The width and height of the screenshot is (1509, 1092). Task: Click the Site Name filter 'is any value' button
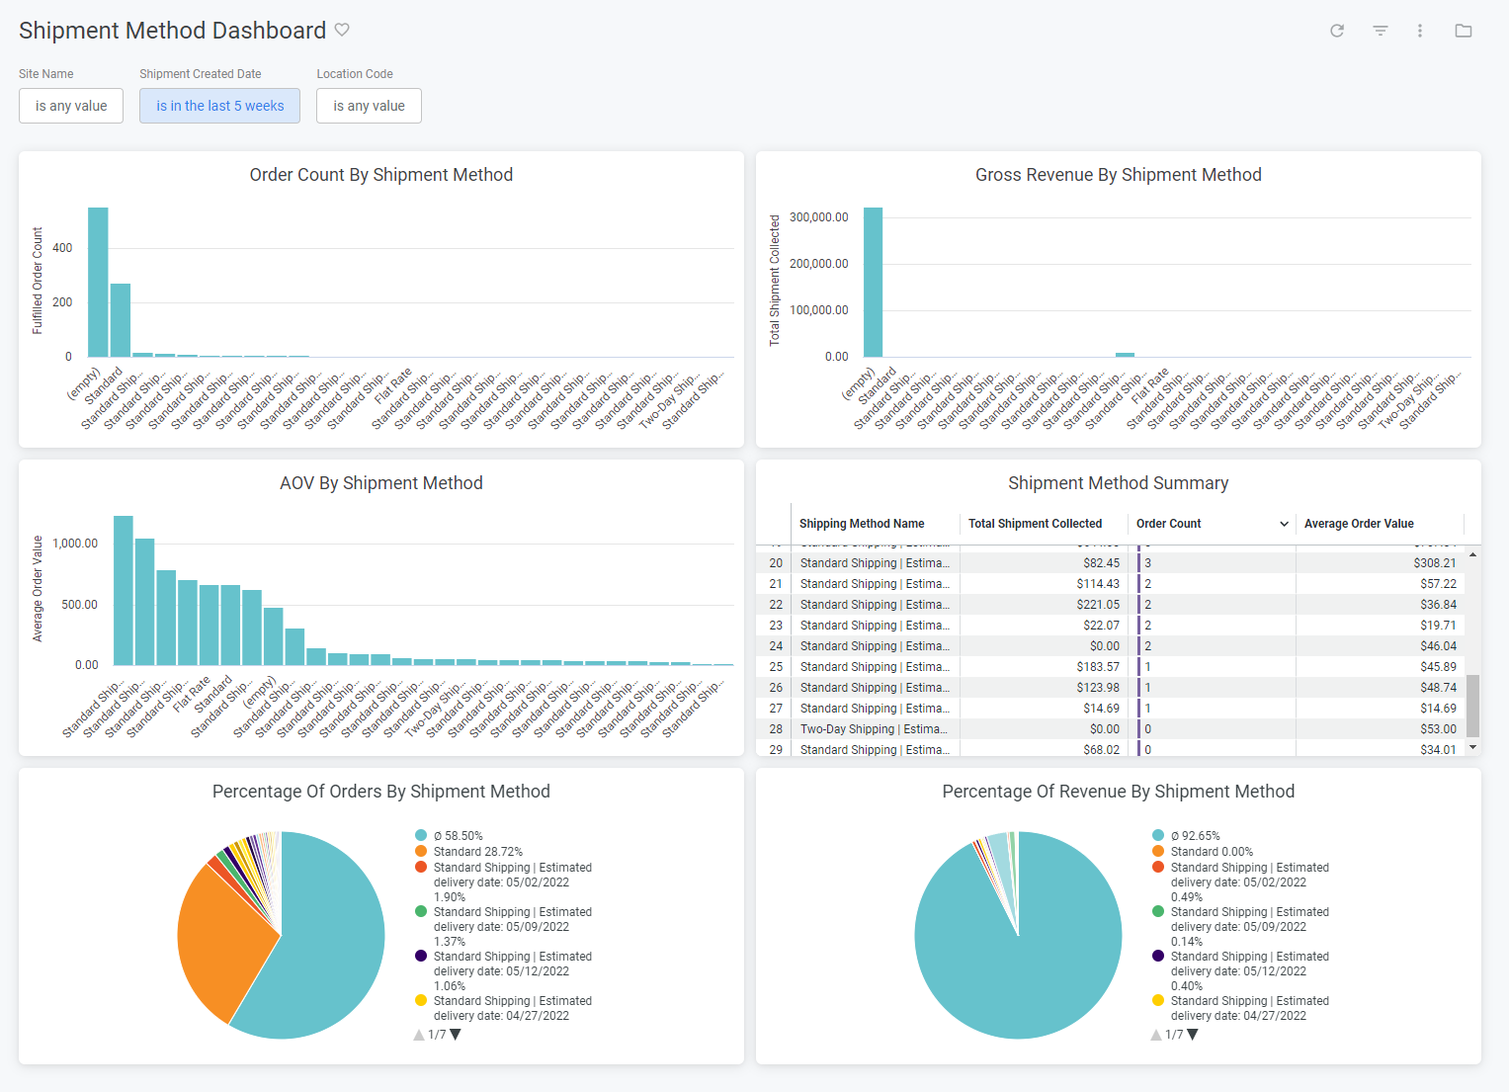click(x=71, y=106)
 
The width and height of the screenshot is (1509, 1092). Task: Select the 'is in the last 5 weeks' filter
click(x=219, y=106)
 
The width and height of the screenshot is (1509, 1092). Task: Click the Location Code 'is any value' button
click(x=369, y=106)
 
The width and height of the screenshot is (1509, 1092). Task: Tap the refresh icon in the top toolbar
click(x=1337, y=31)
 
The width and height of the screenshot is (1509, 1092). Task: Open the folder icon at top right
click(x=1464, y=31)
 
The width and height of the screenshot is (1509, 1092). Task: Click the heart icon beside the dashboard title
click(x=342, y=30)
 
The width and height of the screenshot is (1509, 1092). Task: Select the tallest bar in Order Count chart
click(x=98, y=283)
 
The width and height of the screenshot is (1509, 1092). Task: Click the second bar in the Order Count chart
click(x=121, y=320)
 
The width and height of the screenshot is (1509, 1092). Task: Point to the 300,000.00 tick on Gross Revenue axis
click(x=818, y=217)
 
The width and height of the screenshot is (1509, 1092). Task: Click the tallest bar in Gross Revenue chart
click(x=873, y=283)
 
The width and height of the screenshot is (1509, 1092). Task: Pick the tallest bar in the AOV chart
click(x=124, y=591)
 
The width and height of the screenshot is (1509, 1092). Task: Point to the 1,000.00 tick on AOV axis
click(x=75, y=544)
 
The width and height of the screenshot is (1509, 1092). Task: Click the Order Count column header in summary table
click(x=1169, y=524)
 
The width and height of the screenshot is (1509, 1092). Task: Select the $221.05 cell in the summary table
click(x=1098, y=605)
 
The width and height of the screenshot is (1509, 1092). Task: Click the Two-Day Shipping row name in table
click(x=874, y=729)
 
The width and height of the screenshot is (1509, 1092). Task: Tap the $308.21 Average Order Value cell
click(x=1434, y=563)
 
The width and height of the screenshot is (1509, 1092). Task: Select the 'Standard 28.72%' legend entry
click(x=477, y=852)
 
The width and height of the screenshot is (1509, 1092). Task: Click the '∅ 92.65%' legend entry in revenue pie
click(x=1195, y=836)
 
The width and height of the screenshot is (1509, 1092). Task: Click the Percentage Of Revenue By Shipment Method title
click(x=1118, y=792)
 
